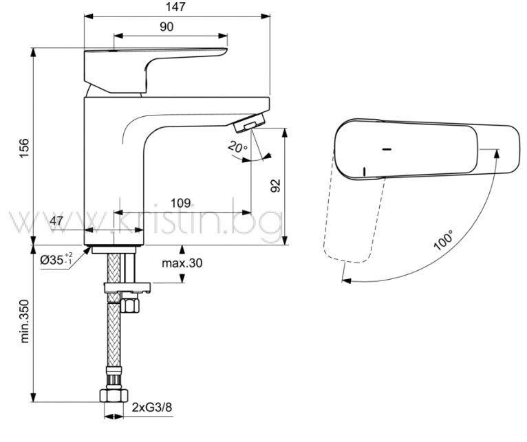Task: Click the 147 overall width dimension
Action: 175,7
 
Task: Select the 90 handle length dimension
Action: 166,27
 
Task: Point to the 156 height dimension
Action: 24,148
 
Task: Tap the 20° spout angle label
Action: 237,147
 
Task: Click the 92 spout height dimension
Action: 275,186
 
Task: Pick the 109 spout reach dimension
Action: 180,203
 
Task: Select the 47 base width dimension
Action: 56,221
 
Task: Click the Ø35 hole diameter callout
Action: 56,259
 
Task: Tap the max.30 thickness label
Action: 182,263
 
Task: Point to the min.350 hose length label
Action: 25,321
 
